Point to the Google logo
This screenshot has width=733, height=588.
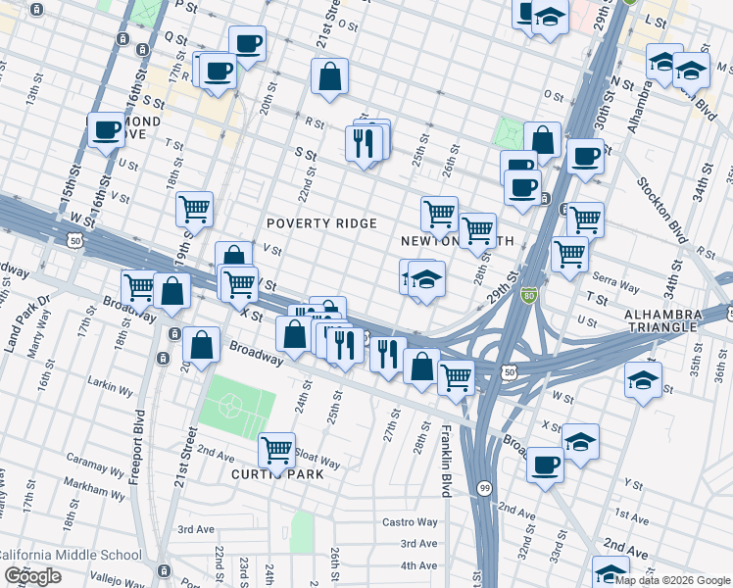33,576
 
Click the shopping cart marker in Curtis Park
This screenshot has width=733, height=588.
277,450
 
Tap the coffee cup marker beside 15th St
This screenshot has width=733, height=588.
106,129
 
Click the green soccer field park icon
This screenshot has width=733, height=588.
229,404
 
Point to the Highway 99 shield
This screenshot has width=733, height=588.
484,487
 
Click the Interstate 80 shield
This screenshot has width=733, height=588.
528,296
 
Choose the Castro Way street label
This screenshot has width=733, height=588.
410,522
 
